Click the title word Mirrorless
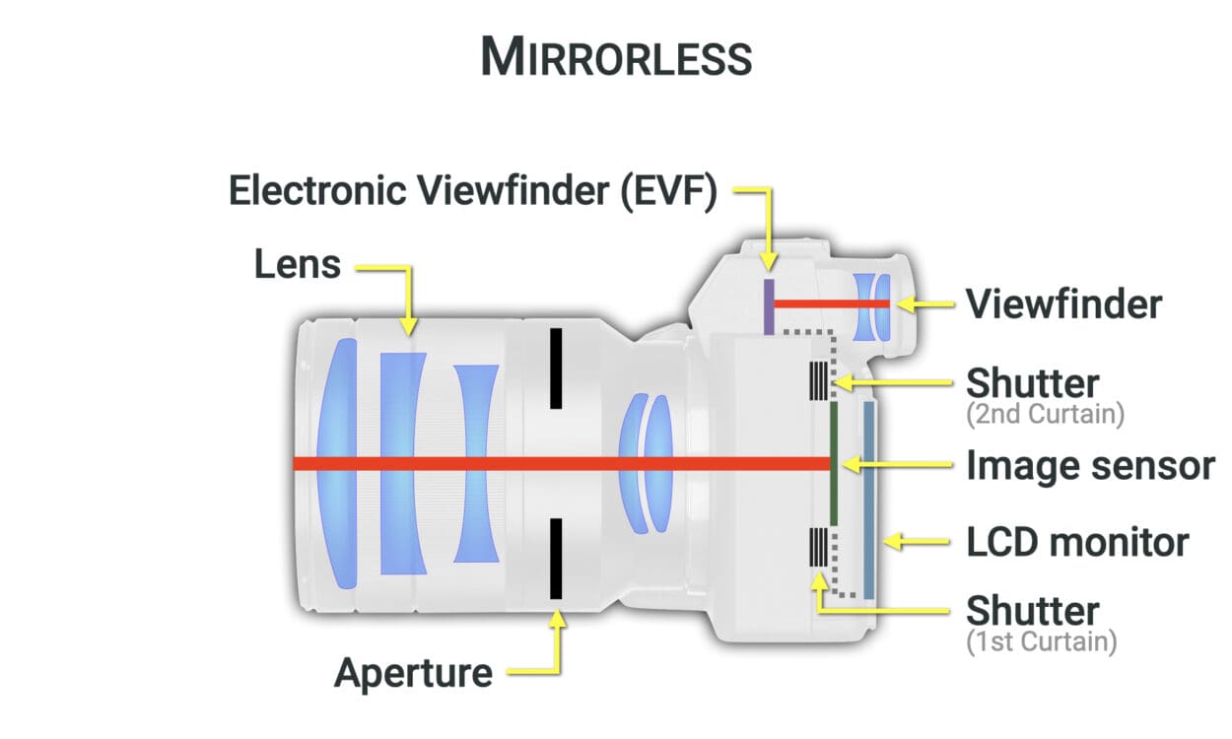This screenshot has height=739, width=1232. pyautogui.click(x=617, y=56)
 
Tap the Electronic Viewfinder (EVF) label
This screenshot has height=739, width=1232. pyautogui.click(x=473, y=191)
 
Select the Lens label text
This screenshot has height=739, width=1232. pyautogui.click(x=298, y=264)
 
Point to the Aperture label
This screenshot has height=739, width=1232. pyautogui.click(x=414, y=674)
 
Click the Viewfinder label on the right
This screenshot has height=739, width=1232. pyautogui.click(x=1064, y=304)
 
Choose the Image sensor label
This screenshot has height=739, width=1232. pyautogui.click(x=1091, y=466)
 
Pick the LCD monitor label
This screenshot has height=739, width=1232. pyautogui.click(x=1078, y=543)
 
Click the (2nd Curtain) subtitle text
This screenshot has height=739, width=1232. pyautogui.click(x=1045, y=415)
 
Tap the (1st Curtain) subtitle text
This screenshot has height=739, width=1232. pyautogui.click(x=1041, y=642)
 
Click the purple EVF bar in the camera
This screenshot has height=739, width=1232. pyautogui.click(x=769, y=306)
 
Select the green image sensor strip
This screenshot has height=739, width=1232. pyautogui.click(x=834, y=463)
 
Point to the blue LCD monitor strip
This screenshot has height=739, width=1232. pyautogui.click(x=869, y=501)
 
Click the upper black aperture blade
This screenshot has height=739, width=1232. pyautogui.click(x=556, y=369)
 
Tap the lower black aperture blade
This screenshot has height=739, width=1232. pyautogui.click(x=556, y=559)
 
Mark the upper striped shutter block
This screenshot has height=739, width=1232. pyautogui.click(x=818, y=380)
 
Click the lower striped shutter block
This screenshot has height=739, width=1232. pyautogui.click(x=818, y=547)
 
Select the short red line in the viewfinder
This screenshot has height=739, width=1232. pyautogui.click(x=832, y=303)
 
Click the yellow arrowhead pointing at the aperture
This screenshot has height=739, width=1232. pyautogui.click(x=557, y=618)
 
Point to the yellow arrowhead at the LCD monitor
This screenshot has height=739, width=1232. pyautogui.click(x=892, y=542)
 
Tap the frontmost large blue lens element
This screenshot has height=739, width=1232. pyautogui.click(x=338, y=463)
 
